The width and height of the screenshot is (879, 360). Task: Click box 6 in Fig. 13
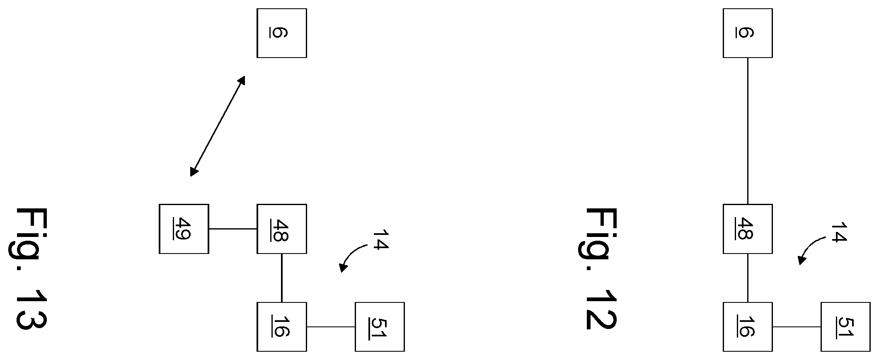pos(282,33)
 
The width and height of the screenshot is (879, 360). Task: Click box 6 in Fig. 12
pos(748,33)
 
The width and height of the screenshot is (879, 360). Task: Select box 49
pos(184,229)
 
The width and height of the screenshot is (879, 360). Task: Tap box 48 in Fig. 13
pos(282,229)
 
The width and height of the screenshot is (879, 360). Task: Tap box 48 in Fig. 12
pos(748,229)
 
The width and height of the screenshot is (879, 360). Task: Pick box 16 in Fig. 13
pos(282,327)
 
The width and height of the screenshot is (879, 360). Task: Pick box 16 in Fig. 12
pos(748,327)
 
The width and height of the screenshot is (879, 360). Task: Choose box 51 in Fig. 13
pos(380,327)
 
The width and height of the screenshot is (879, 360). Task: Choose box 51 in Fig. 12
pos(846,327)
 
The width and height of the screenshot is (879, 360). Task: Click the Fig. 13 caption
pos(31,269)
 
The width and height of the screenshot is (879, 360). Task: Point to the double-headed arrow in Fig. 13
pos(218,126)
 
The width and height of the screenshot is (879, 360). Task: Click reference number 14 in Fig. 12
pos(838,233)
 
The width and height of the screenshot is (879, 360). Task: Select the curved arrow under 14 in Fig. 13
pos(351,254)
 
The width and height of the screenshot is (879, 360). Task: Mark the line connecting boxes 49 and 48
pos(233,229)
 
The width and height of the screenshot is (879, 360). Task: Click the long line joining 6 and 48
pos(748,131)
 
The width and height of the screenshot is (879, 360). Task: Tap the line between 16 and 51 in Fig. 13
pos(331,327)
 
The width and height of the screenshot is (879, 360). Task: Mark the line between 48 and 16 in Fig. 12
pos(748,278)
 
